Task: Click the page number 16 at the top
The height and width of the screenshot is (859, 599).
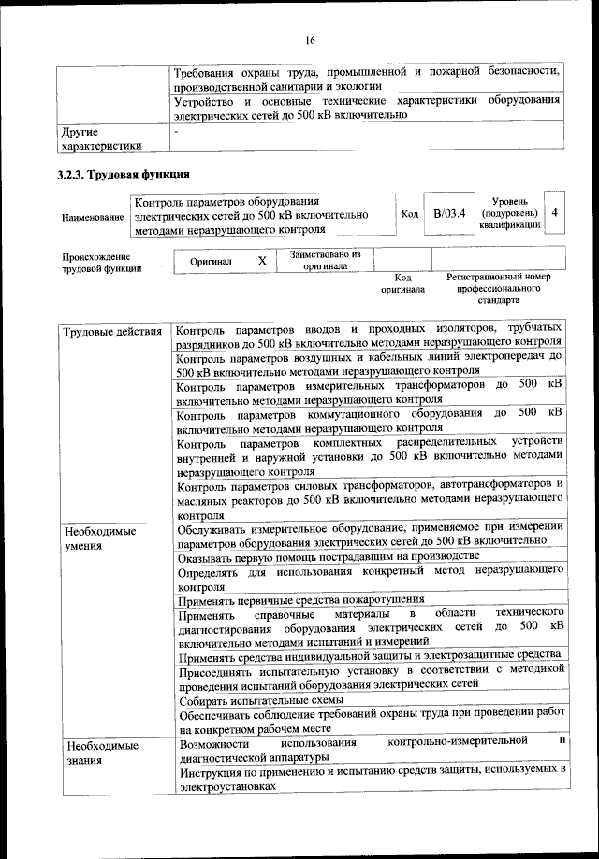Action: (310, 39)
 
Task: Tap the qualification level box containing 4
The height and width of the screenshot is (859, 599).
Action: (555, 213)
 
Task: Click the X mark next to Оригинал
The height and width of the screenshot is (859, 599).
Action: (262, 261)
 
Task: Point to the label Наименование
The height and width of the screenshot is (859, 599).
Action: (93, 217)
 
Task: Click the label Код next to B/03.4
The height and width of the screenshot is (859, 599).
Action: (409, 214)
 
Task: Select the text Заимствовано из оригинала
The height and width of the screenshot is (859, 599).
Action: (325, 260)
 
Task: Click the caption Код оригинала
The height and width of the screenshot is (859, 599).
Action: (402, 283)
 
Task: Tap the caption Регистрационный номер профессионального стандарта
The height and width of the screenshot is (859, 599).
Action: (498, 289)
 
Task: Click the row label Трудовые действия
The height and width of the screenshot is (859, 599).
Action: (112, 333)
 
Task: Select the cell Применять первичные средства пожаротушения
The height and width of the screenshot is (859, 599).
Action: (300, 600)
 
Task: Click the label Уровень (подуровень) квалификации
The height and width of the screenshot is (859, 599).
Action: (509, 213)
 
